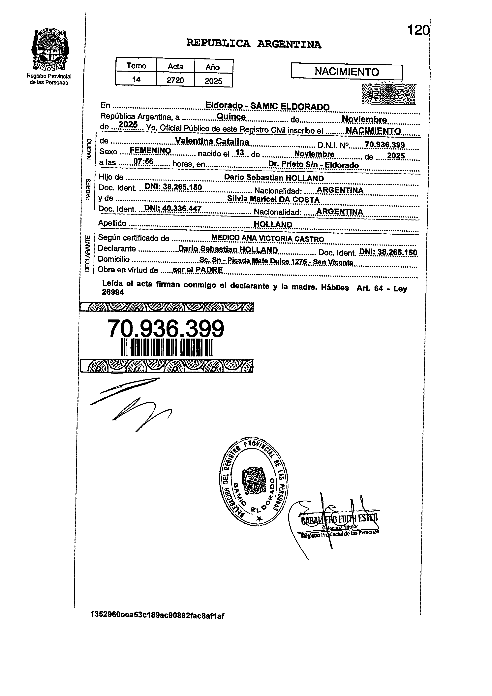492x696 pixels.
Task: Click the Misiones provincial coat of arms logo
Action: [x=50, y=50]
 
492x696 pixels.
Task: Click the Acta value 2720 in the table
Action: [x=175, y=80]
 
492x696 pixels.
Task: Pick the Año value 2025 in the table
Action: [x=213, y=81]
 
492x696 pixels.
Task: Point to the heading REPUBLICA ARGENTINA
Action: [x=254, y=44]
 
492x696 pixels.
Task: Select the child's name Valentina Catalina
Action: [x=212, y=142]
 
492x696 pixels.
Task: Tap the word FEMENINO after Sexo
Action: [x=150, y=151]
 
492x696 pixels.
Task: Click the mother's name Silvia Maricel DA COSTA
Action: [x=273, y=199]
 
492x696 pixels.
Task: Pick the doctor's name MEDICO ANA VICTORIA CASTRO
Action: [x=267, y=239]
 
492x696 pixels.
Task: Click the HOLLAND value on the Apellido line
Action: [x=273, y=224]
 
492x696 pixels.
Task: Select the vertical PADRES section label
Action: [x=88, y=189]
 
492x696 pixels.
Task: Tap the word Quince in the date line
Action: [x=231, y=117]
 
